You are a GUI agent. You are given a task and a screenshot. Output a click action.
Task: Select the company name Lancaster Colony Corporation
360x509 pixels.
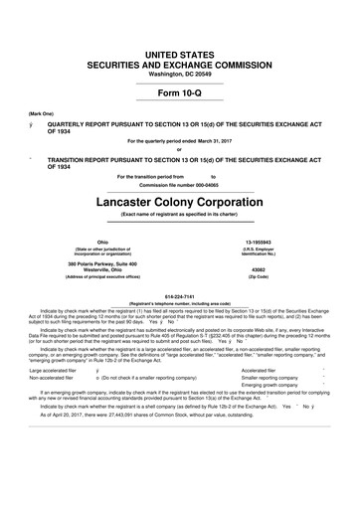179,201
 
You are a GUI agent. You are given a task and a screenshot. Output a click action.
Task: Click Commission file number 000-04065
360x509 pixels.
179,184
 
